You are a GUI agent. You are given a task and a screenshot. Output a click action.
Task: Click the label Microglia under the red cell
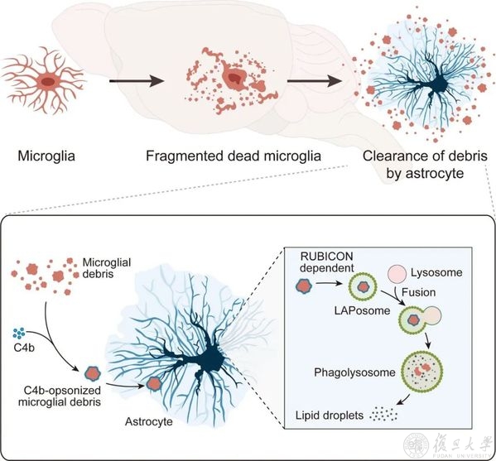coord(46,156)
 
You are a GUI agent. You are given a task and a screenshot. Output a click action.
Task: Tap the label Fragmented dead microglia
coord(234,156)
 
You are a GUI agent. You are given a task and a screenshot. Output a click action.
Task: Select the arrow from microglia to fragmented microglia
coord(137,81)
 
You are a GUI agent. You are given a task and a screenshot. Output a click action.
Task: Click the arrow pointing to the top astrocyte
coord(315,81)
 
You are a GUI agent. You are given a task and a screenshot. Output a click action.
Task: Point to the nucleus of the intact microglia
coord(48,82)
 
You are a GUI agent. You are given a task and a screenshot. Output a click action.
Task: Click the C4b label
coord(24,348)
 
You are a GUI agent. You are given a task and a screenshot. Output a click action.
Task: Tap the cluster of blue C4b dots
coord(19,334)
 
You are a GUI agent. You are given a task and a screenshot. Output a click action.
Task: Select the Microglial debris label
coord(107,268)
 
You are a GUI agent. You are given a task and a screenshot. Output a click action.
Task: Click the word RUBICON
coord(322,256)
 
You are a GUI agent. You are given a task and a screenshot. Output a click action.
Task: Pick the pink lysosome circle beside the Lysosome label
coord(397,274)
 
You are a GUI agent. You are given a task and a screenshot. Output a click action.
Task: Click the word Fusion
coord(418,292)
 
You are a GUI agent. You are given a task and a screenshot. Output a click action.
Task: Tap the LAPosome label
coord(362,311)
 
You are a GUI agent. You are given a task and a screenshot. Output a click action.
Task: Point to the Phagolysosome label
coord(354,372)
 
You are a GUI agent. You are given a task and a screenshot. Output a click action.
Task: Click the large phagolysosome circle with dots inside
coord(422,372)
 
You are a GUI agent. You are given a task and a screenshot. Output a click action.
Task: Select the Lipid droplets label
coord(330,415)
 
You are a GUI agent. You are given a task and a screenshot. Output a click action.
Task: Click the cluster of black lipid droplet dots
coord(383,414)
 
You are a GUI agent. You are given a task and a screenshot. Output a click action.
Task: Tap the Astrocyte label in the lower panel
coord(149,422)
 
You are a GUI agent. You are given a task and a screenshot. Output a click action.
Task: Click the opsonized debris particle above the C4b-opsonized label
coord(93,374)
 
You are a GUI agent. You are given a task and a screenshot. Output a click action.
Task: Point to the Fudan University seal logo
coord(417,446)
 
